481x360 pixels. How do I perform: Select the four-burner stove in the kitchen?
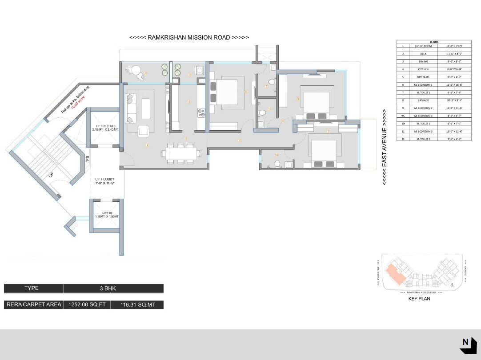tap(200, 113)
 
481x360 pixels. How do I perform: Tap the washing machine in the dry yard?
tap(199, 70)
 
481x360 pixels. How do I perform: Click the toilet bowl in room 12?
tap(277, 164)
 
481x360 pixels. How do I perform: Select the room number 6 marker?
tap(245, 92)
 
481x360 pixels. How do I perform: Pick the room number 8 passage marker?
tap(239, 140)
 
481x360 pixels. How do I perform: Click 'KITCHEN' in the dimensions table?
tap(423, 69)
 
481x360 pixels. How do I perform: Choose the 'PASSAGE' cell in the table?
tap(423, 100)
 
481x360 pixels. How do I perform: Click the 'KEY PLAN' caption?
tap(419, 299)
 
